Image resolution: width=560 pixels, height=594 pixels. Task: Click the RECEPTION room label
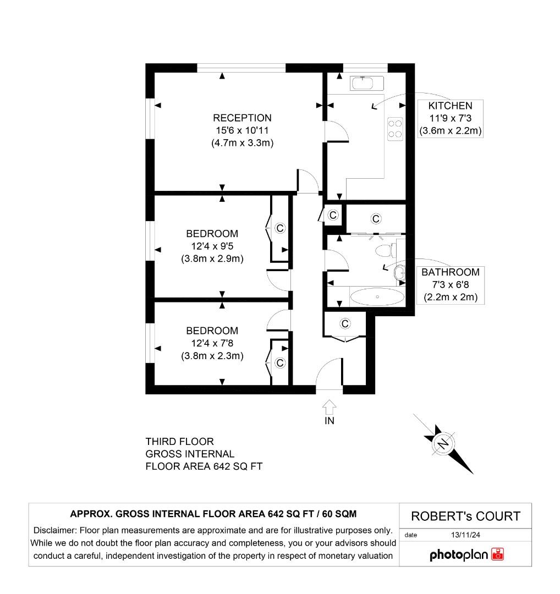pyautogui.click(x=242, y=118)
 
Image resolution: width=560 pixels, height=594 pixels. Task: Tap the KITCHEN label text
pyautogui.click(x=450, y=106)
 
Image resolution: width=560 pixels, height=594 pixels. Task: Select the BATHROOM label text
pyautogui.click(x=450, y=272)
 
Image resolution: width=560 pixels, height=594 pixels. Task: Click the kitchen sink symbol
pyautogui.click(x=363, y=83)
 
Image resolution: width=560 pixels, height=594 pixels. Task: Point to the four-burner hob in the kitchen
pyautogui.click(x=395, y=129)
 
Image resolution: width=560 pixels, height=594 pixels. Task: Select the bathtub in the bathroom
pyautogui.click(x=377, y=298)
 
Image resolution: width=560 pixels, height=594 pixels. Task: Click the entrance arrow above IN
pyautogui.click(x=329, y=407)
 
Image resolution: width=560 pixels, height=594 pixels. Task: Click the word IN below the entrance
pyautogui.click(x=329, y=421)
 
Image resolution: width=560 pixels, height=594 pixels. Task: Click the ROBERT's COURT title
pyautogui.click(x=465, y=516)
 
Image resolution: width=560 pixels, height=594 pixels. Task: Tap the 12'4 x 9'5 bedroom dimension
pyautogui.click(x=212, y=246)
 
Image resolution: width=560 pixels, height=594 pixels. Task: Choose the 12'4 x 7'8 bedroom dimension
pyautogui.click(x=212, y=343)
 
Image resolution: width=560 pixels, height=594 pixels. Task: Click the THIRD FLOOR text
pyautogui.click(x=179, y=442)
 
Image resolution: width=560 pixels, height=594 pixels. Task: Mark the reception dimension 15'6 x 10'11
pyautogui.click(x=242, y=130)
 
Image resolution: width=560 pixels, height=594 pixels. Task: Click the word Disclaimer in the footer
pyautogui.click(x=55, y=531)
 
